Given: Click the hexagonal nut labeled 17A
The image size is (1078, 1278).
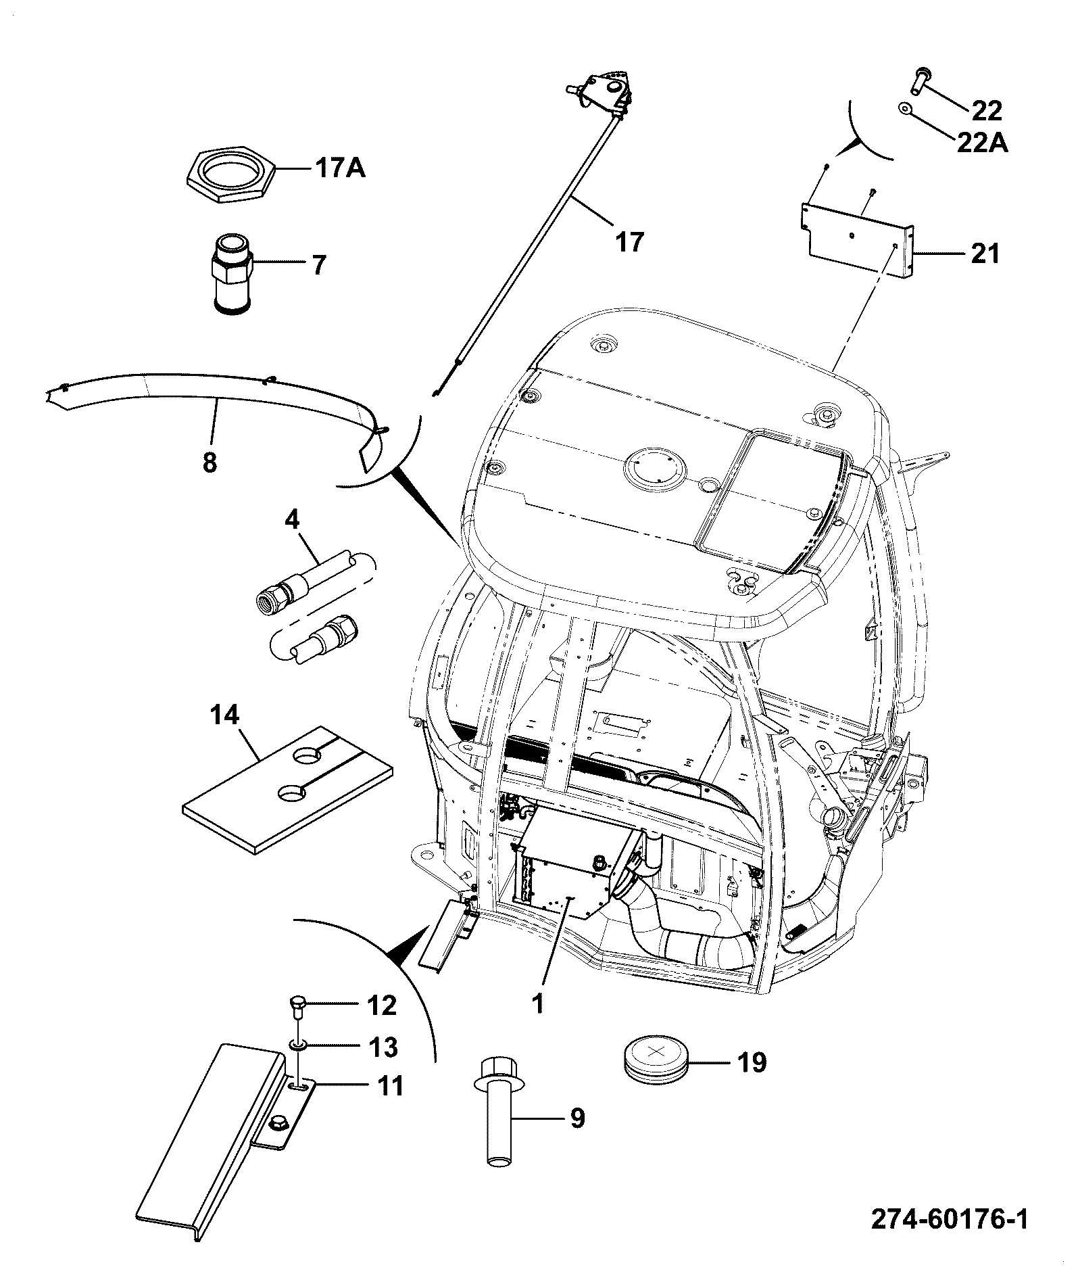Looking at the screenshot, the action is [230, 174].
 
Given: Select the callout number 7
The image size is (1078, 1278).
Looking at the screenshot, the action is [318, 264].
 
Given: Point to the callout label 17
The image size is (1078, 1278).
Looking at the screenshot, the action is [629, 241].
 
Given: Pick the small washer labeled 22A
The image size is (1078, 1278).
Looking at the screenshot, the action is [904, 108].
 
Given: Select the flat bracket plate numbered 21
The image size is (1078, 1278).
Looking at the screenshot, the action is [856, 241].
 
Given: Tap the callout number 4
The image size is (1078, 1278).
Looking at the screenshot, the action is [292, 520].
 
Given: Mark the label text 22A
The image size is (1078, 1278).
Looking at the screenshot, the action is [982, 143].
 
